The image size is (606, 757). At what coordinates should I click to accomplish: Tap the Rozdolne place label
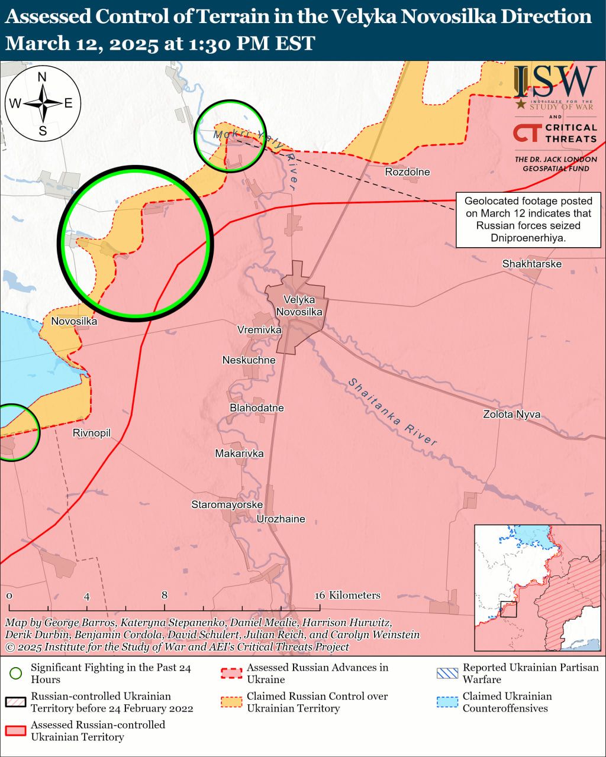point(407,172)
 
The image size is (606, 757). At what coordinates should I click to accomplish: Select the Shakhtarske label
point(531,264)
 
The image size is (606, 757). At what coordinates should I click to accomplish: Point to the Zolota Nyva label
point(511,415)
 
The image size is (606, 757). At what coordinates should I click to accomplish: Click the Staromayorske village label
point(227,505)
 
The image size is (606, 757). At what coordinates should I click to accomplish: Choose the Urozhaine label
point(281,519)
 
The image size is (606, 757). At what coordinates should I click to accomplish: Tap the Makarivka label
point(239,454)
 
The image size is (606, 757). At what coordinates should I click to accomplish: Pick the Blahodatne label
point(257,408)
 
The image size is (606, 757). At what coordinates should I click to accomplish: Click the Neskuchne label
point(249,360)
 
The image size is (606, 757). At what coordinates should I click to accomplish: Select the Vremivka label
point(259,330)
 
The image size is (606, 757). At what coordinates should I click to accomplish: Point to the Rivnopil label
point(92,434)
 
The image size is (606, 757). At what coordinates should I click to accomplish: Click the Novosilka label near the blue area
point(74,322)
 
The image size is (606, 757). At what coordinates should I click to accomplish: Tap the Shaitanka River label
point(392,412)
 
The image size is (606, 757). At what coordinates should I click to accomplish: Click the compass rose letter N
point(42,77)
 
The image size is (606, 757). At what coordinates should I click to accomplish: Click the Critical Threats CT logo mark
point(526,133)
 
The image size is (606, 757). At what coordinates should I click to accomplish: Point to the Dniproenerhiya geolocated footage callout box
point(528,219)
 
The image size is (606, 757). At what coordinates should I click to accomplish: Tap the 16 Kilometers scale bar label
point(347,596)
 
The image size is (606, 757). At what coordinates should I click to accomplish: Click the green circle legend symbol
point(16,674)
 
